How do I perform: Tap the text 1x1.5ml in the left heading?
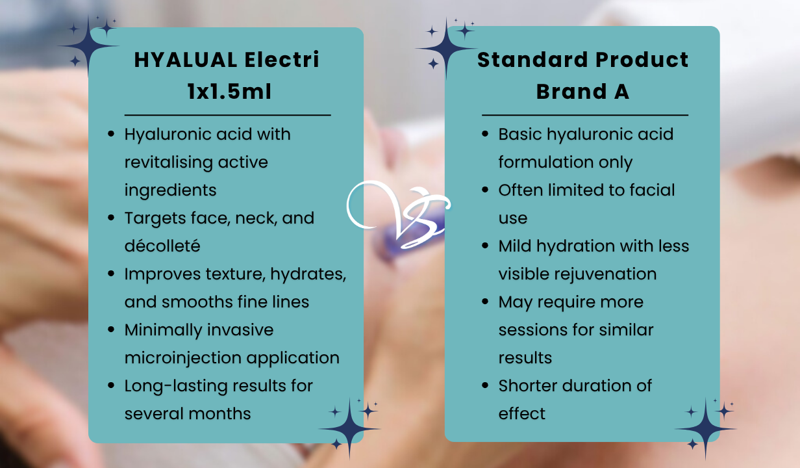[226, 92]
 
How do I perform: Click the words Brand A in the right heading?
[582, 92]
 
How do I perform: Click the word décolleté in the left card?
[162, 246]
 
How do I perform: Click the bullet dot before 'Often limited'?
[486, 190]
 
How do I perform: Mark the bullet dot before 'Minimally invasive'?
[112, 330]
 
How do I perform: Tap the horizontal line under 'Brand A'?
[584, 115]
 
